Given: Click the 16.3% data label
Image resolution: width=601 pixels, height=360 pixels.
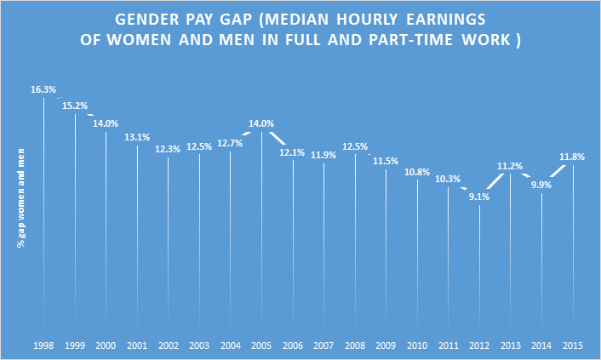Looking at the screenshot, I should (x=43, y=89).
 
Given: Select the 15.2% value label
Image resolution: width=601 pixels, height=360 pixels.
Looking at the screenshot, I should (x=75, y=106).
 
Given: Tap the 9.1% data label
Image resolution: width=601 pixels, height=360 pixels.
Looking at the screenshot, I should (x=479, y=197).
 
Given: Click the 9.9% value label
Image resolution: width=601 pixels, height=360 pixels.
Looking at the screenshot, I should (x=541, y=185).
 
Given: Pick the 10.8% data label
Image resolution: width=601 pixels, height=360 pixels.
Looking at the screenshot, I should (x=417, y=172).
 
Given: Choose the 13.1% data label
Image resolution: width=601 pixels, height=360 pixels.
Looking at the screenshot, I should (x=137, y=137).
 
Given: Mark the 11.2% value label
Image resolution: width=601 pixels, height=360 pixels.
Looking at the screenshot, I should (x=511, y=166).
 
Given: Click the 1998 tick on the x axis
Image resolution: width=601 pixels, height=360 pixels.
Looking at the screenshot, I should (x=43, y=346).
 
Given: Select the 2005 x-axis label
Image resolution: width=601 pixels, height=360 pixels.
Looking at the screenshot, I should (x=261, y=346).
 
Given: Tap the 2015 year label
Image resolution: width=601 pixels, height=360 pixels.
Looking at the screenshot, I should (x=573, y=346).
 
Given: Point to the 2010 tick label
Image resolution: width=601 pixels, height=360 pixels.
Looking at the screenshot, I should (x=417, y=346).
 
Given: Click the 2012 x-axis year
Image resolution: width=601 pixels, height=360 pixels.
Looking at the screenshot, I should (x=479, y=346).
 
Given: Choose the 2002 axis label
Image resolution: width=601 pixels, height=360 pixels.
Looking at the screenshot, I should (x=168, y=346).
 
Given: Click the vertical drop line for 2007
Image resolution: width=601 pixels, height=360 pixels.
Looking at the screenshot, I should (x=323, y=247).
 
